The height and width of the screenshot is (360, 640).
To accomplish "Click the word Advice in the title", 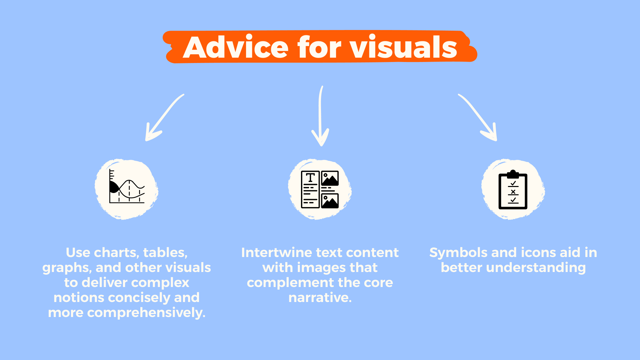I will point(235,48).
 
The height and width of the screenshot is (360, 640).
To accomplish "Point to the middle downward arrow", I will point(321,117).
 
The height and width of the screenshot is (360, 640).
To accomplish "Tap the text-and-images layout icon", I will point(320,189).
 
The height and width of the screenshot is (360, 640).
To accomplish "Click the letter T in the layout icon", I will point(310,178).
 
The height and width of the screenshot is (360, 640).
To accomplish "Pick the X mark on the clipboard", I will point(513,192).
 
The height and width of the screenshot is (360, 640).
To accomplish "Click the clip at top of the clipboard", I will point(513,174).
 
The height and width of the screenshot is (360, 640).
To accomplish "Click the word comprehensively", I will point(146,313).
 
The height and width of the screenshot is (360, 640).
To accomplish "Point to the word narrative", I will point(320,298).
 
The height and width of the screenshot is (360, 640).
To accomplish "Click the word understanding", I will point(536,268).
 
